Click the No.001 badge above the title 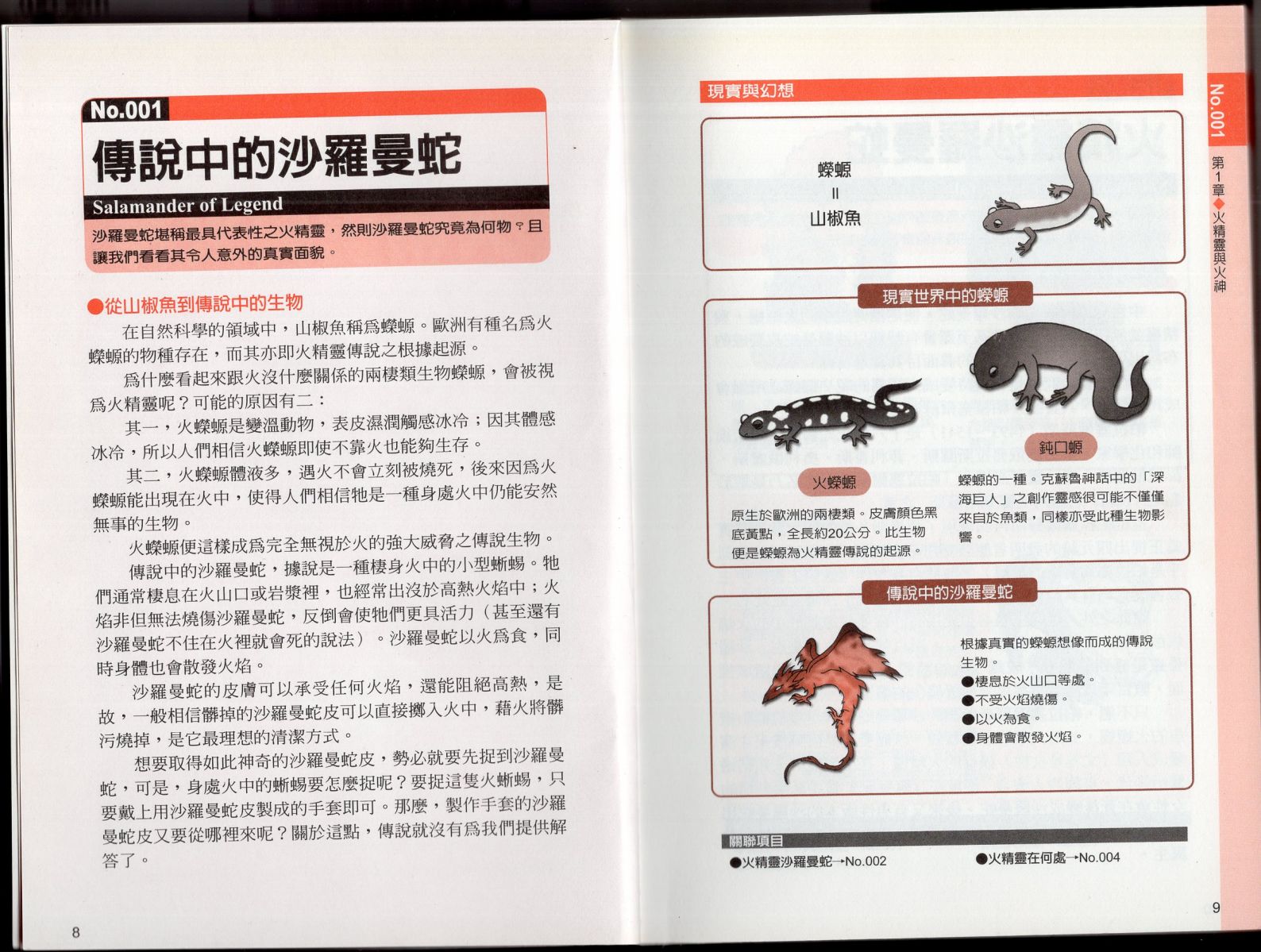125,110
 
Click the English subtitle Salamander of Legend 187,205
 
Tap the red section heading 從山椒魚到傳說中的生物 195,304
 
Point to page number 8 75,932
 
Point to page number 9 1216,908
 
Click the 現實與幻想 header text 750,91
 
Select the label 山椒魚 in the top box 835,218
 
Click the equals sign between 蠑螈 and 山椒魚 835,194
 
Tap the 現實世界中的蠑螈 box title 945,295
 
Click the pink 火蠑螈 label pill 834,482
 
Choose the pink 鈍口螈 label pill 1061,447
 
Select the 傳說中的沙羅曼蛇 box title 949,592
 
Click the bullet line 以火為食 1001,719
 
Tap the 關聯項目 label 755,841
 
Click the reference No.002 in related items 866,861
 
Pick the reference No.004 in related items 1099,858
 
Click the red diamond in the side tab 1218,203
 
